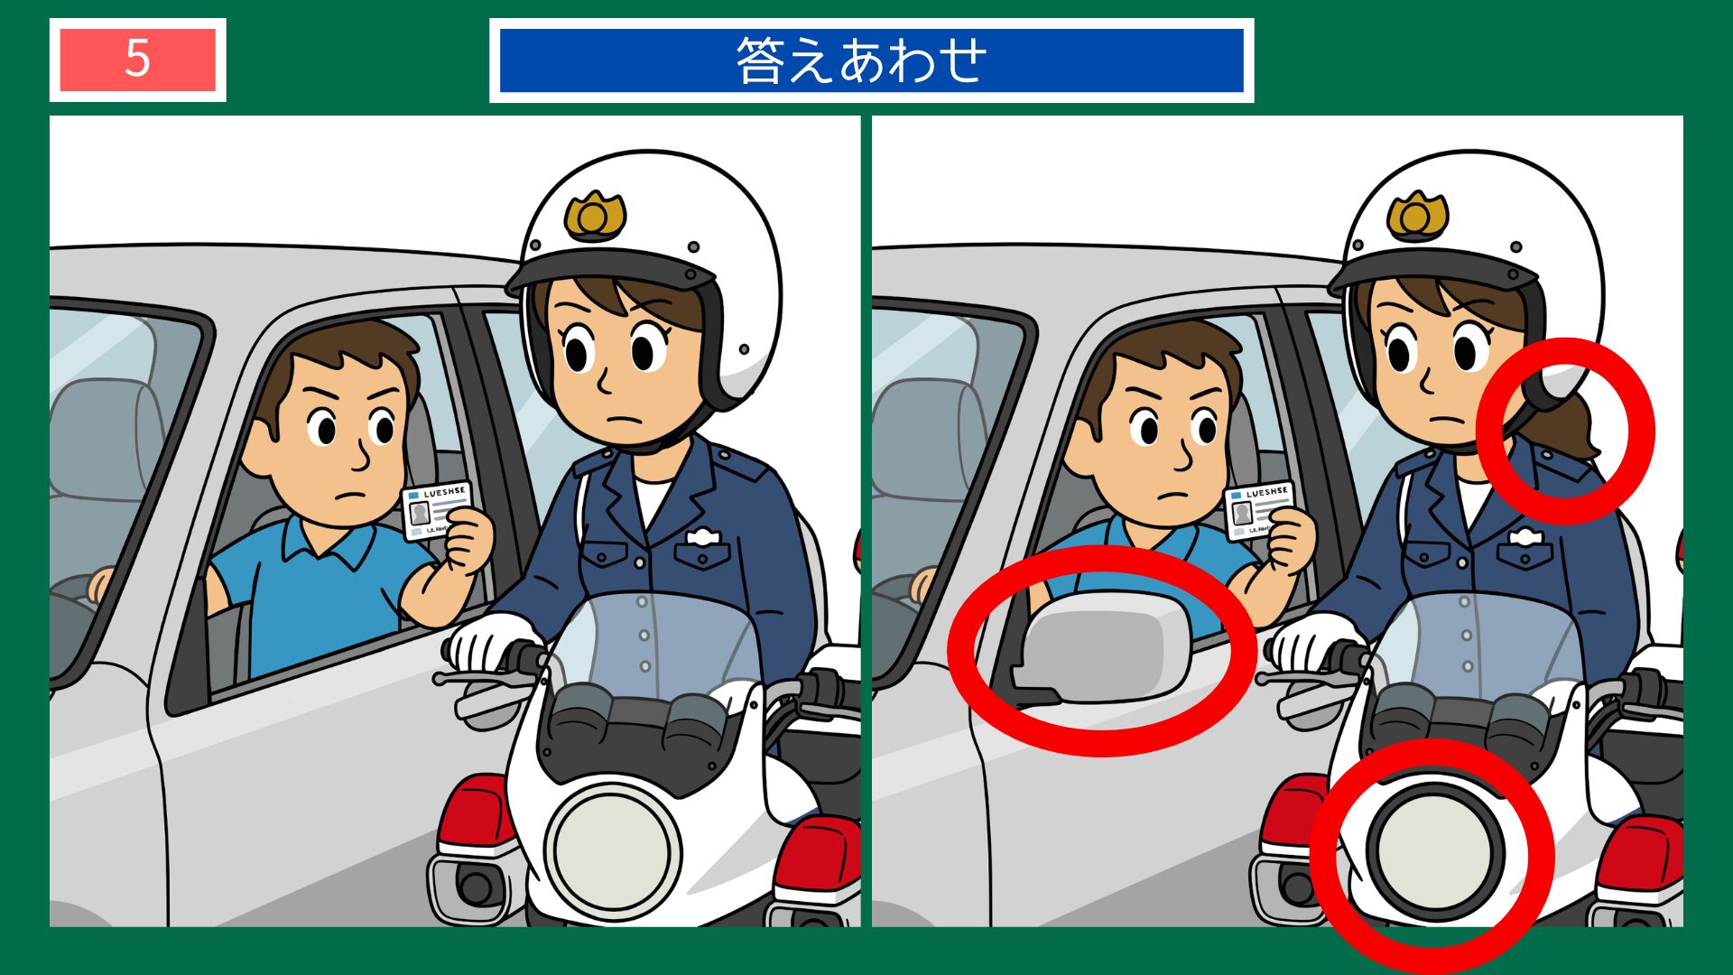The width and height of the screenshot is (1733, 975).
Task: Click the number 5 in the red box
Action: point(137,60)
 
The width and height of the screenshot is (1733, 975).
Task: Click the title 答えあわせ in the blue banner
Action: point(862,60)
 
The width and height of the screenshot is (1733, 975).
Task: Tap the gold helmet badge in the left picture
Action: point(595,215)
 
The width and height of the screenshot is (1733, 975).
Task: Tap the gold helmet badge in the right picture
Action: point(1417,216)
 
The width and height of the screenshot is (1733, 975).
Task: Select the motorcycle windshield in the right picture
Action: point(1480,641)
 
